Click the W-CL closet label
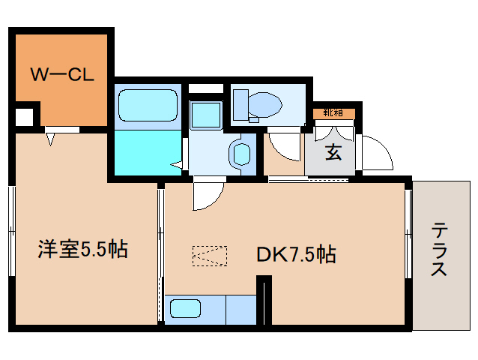[x=61, y=74]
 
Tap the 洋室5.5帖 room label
[x=82, y=249]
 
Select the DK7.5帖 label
[x=295, y=254]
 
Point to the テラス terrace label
[x=440, y=249]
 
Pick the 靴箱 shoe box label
[x=333, y=113]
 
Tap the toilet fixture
[x=255, y=103]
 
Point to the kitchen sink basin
[x=184, y=308]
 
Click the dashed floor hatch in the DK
[x=209, y=256]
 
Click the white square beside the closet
[x=24, y=118]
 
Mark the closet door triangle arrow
[x=51, y=139]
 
